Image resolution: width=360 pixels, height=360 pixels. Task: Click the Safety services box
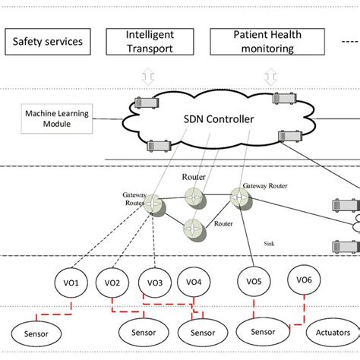[47, 41]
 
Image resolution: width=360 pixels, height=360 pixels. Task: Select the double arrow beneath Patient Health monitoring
[270, 77]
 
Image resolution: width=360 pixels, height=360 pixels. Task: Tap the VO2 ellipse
[112, 283]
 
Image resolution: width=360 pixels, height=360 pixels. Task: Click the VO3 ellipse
[155, 283]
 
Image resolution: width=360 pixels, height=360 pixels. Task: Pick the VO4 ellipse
[194, 283]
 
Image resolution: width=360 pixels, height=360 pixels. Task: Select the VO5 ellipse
[254, 282]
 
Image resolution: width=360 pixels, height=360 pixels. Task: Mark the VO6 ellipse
[304, 280]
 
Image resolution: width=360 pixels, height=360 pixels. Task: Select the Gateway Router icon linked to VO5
[241, 197]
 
